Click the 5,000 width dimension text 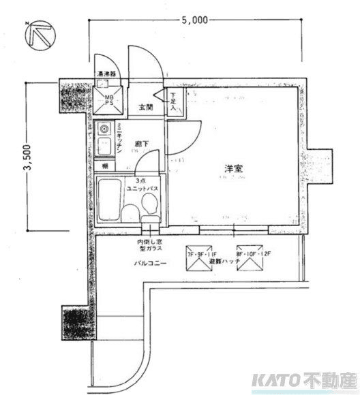tap(194, 20)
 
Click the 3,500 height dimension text tap(27, 159)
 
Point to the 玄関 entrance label tap(146, 107)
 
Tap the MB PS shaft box tap(108, 99)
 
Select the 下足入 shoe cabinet tap(173, 102)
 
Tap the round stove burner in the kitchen tap(104, 128)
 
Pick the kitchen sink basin tap(104, 146)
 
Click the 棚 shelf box tap(106, 166)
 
